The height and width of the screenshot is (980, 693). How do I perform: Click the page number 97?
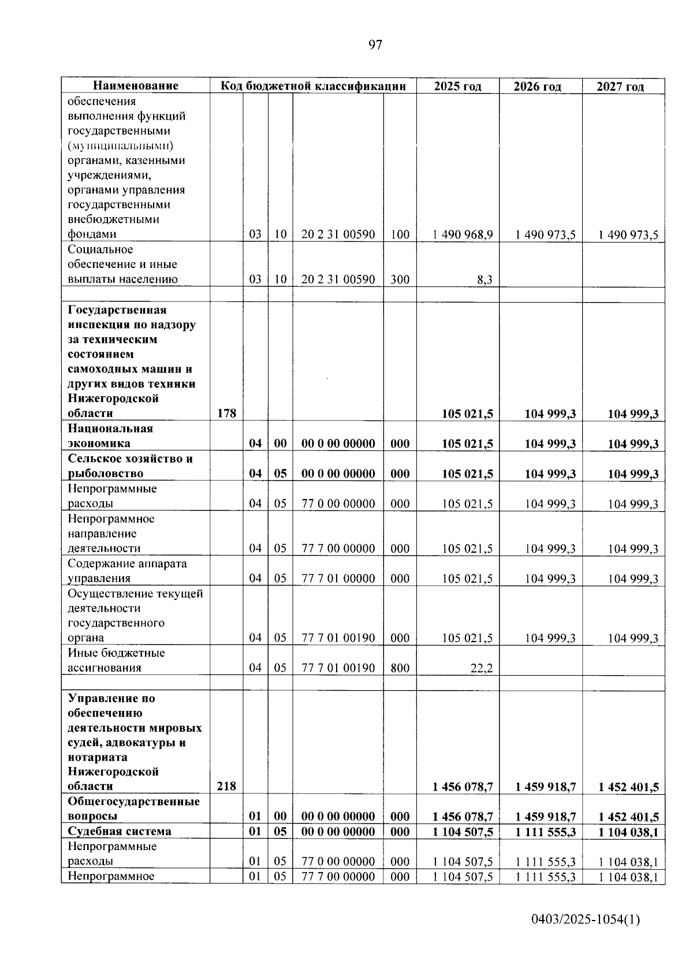(375, 45)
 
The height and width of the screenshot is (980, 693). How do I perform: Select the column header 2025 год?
(457, 86)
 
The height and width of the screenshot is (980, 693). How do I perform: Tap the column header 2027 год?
(620, 87)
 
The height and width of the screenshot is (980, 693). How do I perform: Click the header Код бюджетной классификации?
(313, 86)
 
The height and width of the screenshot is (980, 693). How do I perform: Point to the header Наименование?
(136, 86)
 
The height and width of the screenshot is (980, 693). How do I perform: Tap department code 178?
(226, 413)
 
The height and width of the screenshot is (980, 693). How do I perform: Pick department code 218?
(226, 786)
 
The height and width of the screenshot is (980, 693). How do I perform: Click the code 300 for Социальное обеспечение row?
(399, 280)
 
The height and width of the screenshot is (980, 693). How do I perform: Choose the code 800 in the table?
(399, 668)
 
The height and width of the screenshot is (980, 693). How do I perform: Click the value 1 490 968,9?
(463, 234)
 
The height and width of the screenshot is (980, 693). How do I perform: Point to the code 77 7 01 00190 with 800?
(338, 668)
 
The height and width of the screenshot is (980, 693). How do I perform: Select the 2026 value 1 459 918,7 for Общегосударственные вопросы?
(545, 817)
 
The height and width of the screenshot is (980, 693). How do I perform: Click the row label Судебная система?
(120, 832)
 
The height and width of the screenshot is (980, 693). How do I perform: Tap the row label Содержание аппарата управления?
(127, 571)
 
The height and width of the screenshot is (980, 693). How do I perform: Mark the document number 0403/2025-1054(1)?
(586, 920)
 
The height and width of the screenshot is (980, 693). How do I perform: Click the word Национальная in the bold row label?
(110, 428)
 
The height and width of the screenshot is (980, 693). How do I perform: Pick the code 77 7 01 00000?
(338, 579)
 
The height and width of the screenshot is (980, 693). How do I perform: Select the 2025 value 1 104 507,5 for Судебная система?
(463, 832)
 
